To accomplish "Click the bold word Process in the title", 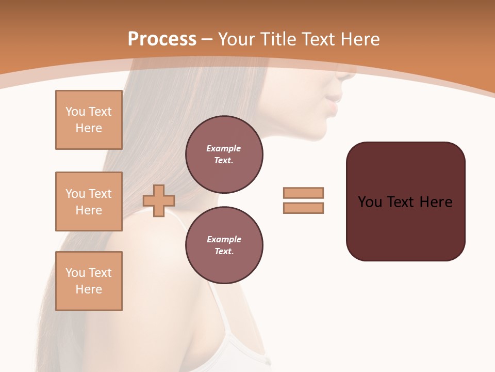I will (x=162, y=39).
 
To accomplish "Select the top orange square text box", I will (x=89, y=120).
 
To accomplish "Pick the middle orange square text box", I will (x=89, y=202).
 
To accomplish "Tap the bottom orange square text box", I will (x=89, y=281).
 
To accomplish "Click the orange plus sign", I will (x=159, y=200).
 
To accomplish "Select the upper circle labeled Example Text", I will (x=224, y=154).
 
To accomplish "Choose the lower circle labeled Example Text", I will (x=224, y=245).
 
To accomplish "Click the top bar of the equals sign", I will (x=303, y=193).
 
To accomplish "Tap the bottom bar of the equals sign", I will (x=303, y=208).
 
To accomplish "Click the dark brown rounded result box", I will (x=405, y=227).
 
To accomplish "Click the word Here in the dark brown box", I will (x=436, y=202).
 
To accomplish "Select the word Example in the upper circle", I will (x=224, y=148).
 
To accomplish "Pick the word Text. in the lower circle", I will (x=224, y=252).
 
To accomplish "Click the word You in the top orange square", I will (x=74, y=112).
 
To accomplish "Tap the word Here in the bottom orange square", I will (x=89, y=289).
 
